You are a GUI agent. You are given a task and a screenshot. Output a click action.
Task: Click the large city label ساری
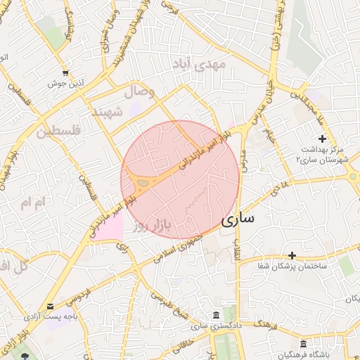[x=238, y=219]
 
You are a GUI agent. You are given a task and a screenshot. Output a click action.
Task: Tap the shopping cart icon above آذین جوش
[x=65, y=72]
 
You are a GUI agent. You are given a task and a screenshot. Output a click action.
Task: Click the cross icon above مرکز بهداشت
[x=322, y=139]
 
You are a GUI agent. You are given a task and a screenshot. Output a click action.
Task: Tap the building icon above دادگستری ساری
[x=214, y=314]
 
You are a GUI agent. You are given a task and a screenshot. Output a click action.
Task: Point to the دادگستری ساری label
[x=214, y=326]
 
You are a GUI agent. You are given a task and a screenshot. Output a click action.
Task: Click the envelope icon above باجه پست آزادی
[x=50, y=307]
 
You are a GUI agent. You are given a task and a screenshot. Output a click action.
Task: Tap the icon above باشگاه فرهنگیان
[x=303, y=344]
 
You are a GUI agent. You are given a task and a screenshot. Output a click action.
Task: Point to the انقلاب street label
[x=238, y=251]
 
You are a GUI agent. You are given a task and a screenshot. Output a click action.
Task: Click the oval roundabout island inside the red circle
[x=143, y=184]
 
